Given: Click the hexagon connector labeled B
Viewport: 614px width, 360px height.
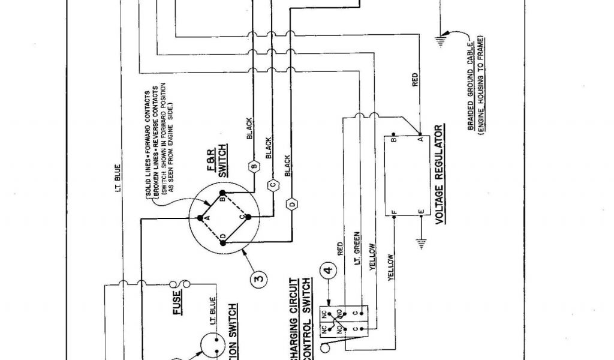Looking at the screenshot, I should click(254, 166).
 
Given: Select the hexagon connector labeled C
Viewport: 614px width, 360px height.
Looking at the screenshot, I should click(272, 184).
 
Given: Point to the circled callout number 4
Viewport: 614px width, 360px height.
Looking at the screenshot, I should click(329, 271).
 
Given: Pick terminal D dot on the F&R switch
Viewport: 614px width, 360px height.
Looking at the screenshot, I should click(223, 241).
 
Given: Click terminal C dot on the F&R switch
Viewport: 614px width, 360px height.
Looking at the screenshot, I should click(247, 217).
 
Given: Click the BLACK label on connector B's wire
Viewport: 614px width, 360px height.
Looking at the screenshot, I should click(249, 129).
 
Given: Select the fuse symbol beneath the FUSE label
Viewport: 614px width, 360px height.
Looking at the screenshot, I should click(179, 283).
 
